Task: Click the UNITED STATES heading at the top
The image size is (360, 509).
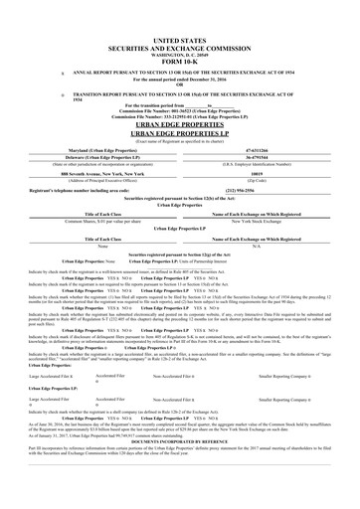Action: click(179, 33)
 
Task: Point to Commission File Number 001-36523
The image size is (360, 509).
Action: click(179, 114)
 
